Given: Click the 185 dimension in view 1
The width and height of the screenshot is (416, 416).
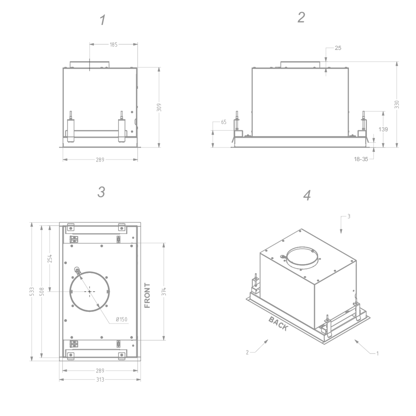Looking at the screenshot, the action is pos(114,44).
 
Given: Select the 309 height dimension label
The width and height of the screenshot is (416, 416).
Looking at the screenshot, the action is pos(159,107).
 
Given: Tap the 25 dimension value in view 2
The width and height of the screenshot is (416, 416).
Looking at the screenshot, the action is pos(338,48).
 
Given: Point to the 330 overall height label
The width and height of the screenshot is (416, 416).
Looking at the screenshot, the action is pos(397,105).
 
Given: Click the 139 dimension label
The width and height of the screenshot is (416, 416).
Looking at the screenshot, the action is pos(383,129).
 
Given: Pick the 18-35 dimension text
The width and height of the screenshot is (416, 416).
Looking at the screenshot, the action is pos(361,159).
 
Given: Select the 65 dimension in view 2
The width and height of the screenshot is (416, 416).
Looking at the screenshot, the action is pos(224,122).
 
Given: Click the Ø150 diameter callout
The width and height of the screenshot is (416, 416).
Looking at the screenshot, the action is pos(121,319).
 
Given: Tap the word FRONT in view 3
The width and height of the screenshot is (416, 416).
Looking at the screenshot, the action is pos(147,295).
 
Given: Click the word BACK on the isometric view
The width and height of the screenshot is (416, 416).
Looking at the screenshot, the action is pos(278,324).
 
